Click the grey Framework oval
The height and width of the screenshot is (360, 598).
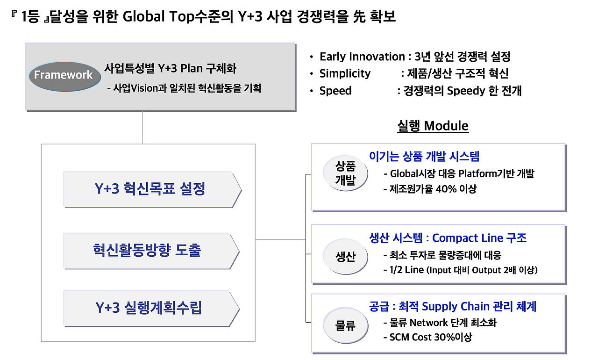coord(64,76)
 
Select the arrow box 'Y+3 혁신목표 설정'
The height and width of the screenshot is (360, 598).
coord(152,190)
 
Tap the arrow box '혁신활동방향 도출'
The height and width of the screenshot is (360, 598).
coord(151,251)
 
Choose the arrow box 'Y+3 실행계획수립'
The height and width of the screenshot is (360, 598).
coord(151,309)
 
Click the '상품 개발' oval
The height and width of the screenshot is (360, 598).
coord(345,173)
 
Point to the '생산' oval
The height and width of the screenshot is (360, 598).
coord(345,256)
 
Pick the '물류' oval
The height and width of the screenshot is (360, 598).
coord(345,325)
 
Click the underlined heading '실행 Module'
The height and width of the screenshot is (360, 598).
coord(433,126)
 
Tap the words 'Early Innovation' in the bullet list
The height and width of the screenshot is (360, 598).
coord(362,57)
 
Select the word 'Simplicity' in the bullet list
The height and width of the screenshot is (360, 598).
coord(345,73)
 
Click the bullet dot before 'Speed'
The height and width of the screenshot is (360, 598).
coord(311,91)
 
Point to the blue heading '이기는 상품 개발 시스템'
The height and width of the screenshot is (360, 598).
coord(424,156)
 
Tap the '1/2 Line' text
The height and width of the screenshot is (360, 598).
coord(406,270)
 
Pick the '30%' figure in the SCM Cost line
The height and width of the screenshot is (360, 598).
coord(444,337)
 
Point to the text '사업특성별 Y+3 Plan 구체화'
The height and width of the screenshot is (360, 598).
coord(170,69)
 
